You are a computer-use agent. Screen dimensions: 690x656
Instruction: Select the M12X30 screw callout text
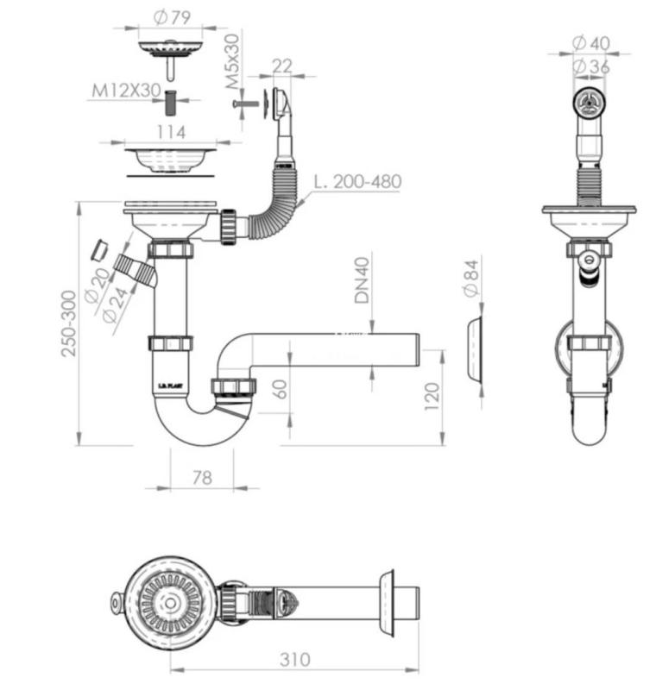(x=125, y=91)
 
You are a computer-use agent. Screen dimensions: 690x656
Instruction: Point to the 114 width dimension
(x=170, y=132)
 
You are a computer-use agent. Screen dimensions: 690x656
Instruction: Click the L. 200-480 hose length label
(x=356, y=182)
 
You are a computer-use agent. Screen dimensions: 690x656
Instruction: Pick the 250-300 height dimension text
(x=69, y=323)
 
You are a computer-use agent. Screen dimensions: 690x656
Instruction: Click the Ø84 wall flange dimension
(x=472, y=279)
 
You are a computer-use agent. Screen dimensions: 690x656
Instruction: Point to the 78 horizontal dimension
(x=201, y=477)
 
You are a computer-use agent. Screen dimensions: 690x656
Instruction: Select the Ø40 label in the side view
(x=590, y=42)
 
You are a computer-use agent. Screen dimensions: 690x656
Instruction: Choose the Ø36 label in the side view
(x=590, y=66)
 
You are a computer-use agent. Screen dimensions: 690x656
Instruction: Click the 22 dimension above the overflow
(x=281, y=66)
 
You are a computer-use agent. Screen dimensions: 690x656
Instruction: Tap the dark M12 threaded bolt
(x=170, y=102)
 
